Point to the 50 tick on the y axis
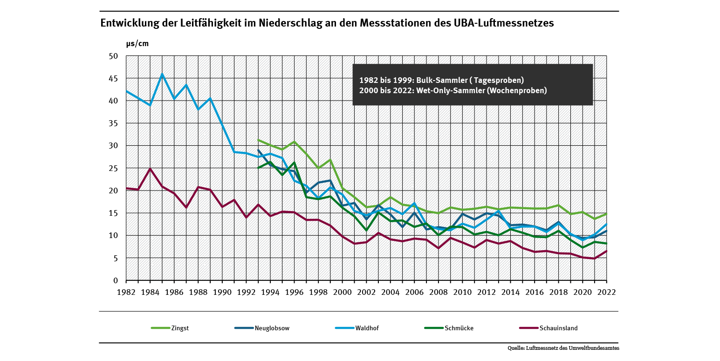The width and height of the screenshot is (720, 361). point(114,56)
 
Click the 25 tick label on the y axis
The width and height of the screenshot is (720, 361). point(114,168)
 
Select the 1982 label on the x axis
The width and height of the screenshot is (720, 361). point(126,292)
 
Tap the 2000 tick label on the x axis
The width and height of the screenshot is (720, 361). point(343,292)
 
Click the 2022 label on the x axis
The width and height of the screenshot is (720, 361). point(607,292)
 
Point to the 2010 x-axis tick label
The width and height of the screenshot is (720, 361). point(463,292)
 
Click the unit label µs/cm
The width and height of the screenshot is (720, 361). point(137,43)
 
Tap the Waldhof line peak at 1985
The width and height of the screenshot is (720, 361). point(162,74)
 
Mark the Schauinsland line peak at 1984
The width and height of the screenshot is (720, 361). point(151,169)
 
